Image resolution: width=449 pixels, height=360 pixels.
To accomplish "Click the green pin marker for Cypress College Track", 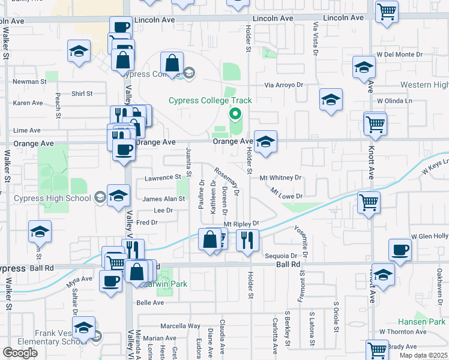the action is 235,113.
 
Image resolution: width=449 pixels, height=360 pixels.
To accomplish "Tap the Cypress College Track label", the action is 210,101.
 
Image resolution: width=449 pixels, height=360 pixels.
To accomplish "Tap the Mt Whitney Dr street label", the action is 280,178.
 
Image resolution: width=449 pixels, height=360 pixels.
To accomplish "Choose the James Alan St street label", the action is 163,199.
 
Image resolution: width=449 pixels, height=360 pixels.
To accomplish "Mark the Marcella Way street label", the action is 180,326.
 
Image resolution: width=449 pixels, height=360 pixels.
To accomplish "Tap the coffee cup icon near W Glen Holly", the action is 400,250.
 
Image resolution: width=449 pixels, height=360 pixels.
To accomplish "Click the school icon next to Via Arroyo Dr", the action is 330,100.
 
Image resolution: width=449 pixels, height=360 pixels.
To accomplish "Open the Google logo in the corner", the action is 20,353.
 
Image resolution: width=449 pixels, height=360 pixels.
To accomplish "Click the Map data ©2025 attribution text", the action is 423,355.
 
